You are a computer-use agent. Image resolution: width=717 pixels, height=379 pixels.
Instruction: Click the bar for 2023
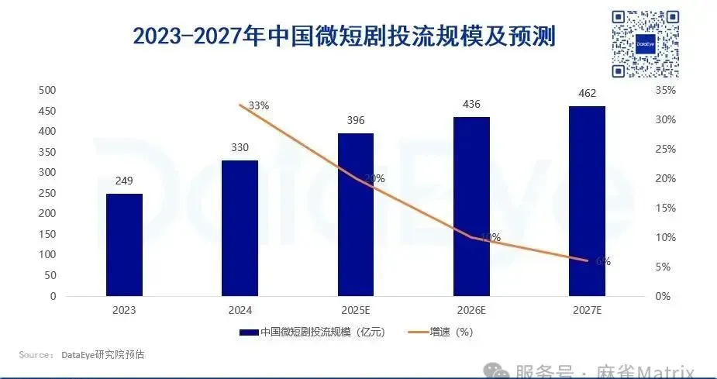click(x=124, y=245)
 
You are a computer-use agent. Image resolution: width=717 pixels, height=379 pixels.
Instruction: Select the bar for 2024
click(x=240, y=229)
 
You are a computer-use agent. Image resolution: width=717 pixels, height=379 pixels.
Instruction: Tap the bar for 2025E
click(x=355, y=215)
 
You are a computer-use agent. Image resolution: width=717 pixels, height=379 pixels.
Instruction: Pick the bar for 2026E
click(x=471, y=206)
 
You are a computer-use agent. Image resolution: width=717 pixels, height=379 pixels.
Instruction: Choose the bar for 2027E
click(x=587, y=201)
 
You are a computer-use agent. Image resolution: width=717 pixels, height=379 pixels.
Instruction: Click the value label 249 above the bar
click(x=124, y=181)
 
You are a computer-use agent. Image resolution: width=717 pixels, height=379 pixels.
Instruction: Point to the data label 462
click(x=587, y=93)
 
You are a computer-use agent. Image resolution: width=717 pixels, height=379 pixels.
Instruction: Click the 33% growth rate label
click(x=258, y=105)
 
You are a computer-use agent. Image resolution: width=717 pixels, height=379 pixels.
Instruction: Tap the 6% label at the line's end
click(x=603, y=261)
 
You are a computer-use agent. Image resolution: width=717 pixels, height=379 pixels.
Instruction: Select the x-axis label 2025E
click(x=355, y=311)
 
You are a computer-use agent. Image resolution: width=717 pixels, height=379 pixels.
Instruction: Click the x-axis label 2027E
click(x=587, y=311)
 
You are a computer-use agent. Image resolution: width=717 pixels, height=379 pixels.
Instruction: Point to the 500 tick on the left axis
click(x=47, y=91)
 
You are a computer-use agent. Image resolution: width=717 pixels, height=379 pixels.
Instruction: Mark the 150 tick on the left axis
click(x=47, y=235)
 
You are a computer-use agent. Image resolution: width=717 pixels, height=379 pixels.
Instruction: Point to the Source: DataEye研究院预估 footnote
click(x=81, y=355)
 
